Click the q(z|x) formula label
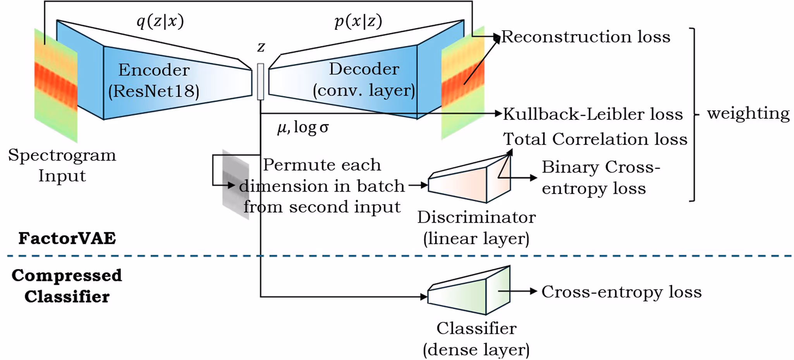point(160,21)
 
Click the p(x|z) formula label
point(358,21)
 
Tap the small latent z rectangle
point(261,81)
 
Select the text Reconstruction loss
point(586,37)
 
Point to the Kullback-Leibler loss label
point(593,114)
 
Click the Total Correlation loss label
point(595,139)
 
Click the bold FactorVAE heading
point(67,238)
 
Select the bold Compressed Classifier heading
point(67,286)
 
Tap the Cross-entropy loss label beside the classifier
point(621,292)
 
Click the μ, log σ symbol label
point(303,127)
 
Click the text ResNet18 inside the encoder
point(154,91)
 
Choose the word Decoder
point(364,69)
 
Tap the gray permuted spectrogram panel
point(235,184)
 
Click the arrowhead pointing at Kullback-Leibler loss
point(498,114)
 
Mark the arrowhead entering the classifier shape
point(424,297)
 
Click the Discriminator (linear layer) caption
point(476,228)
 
